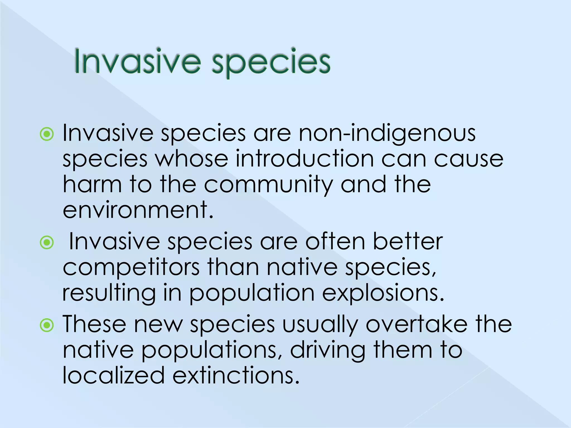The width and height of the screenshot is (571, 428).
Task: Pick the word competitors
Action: coord(131,268)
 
